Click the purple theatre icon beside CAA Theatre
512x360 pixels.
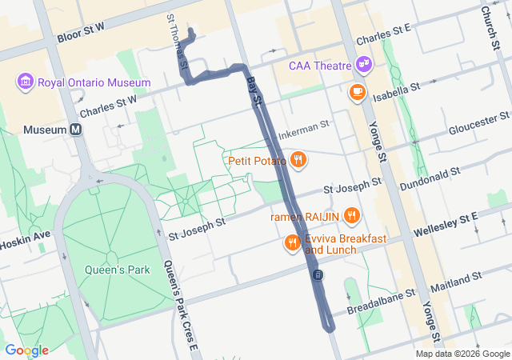(x=364, y=62)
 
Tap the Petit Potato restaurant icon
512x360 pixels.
(x=298, y=159)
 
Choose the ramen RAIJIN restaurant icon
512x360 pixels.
(x=352, y=216)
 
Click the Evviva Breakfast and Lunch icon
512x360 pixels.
(x=293, y=242)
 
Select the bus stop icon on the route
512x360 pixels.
(x=318, y=275)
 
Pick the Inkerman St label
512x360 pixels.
(x=304, y=129)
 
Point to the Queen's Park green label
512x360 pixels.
(x=118, y=270)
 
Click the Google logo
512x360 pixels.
(x=27, y=350)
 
